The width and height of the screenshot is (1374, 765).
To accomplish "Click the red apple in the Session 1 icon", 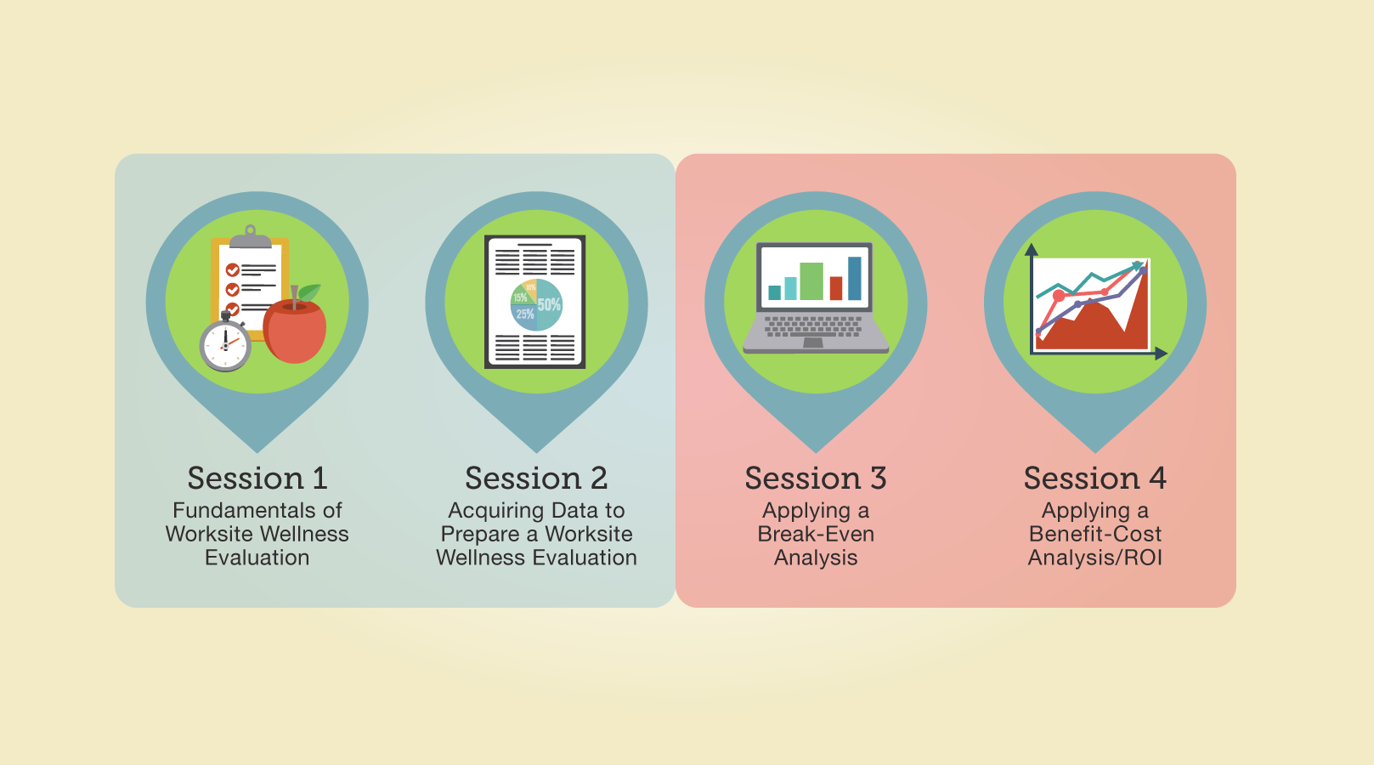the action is point(294,331).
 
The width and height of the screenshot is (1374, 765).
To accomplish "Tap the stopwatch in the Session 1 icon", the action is point(225,343).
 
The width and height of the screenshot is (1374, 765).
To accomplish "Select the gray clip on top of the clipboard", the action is point(251,237).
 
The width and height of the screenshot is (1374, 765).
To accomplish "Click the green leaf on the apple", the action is point(310,292).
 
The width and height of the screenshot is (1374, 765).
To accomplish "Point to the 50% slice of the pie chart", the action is point(549,305).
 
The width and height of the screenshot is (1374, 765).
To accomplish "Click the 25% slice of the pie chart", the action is point(523,315).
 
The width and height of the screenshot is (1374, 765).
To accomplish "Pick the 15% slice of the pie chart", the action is point(519,297).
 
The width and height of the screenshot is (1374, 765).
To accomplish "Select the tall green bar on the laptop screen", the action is point(811,281).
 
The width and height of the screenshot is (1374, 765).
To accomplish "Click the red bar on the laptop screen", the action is point(836,288).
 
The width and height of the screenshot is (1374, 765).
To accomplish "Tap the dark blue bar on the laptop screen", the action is point(855,279).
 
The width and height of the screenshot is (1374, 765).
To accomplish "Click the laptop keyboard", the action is point(814,326).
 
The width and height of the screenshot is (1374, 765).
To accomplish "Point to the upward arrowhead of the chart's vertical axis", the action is point(1031,250).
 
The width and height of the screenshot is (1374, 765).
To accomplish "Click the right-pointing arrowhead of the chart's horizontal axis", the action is point(1161,354).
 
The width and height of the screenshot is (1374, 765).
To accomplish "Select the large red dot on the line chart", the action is point(1059,296).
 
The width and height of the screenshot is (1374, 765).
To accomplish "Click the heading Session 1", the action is point(257,478).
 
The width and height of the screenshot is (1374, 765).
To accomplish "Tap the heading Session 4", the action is point(1095,478).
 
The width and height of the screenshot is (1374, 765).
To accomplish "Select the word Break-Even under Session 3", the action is point(816,534).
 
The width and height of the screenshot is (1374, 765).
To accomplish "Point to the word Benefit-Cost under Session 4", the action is point(1095,534).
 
